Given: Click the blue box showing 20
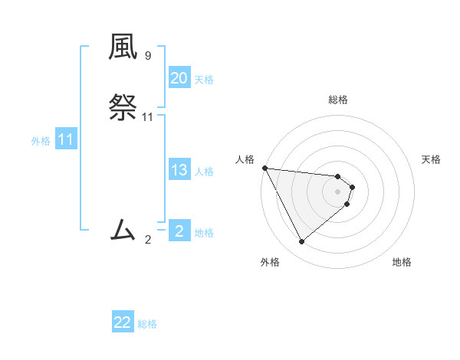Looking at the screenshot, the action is (x=179, y=78).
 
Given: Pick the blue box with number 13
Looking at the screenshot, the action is (x=179, y=170).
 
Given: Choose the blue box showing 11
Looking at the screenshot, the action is (x=66, y=140).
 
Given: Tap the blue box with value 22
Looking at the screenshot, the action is (x=123, y=322).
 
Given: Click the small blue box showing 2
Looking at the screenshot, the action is (x=179, y=231).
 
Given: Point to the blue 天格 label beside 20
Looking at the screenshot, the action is (x=204, y=80).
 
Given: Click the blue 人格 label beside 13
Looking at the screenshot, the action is (x=204, y=172).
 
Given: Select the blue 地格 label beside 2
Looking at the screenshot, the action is (x=204, y=233).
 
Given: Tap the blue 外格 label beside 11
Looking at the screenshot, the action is (x=41, y=141).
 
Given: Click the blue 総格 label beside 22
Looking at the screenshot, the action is (x=147, y=324).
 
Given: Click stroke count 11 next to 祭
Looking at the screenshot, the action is (x=148, y=117).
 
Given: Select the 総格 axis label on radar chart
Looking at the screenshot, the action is (x=338, y=100).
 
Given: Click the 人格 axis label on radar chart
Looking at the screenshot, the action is (x=245, y=159).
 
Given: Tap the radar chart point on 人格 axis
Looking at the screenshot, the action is (x=264, y=168).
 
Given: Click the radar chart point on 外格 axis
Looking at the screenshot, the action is (x=301, y=242).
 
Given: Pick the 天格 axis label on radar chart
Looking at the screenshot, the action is (x=432, y=159).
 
